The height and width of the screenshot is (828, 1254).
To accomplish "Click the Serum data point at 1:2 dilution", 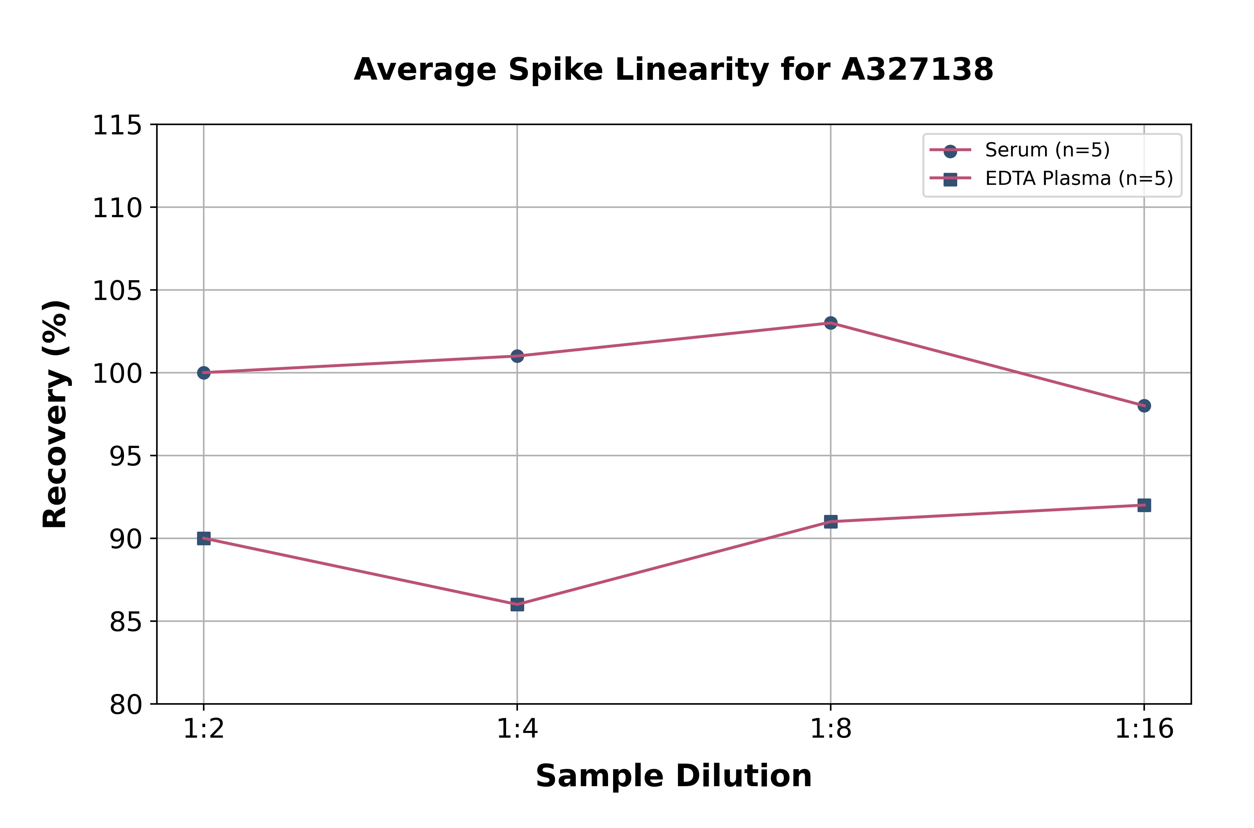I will [204, 373].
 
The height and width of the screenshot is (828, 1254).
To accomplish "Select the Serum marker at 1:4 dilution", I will [517, 356].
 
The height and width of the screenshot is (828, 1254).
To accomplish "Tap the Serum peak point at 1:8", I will [831, 323].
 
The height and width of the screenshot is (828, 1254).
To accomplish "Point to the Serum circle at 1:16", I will [1144, 406].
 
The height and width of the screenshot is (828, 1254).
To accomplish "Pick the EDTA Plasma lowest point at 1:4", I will [517, 605].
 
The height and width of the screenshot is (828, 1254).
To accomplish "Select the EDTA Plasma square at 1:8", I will [831, 522].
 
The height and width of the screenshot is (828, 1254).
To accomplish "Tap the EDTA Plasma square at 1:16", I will [1144, 505].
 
